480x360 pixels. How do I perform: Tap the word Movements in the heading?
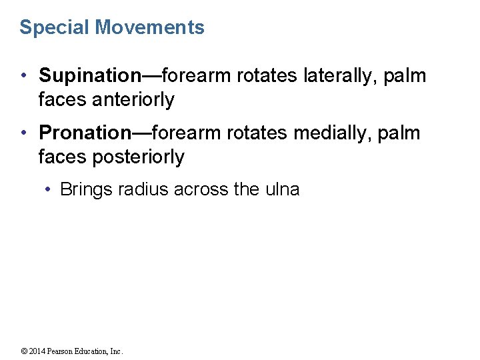[150, 28]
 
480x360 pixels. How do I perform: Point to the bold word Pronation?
[84, 133]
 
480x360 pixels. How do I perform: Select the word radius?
[143, 189]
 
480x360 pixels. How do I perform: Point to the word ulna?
[282, 189]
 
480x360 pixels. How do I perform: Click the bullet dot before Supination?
[24, 76]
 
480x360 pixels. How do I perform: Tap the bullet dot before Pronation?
[24, 133]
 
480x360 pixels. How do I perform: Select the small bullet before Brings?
[49, 189]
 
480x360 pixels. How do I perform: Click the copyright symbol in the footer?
[23, 351]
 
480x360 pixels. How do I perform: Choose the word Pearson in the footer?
[61, 351]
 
